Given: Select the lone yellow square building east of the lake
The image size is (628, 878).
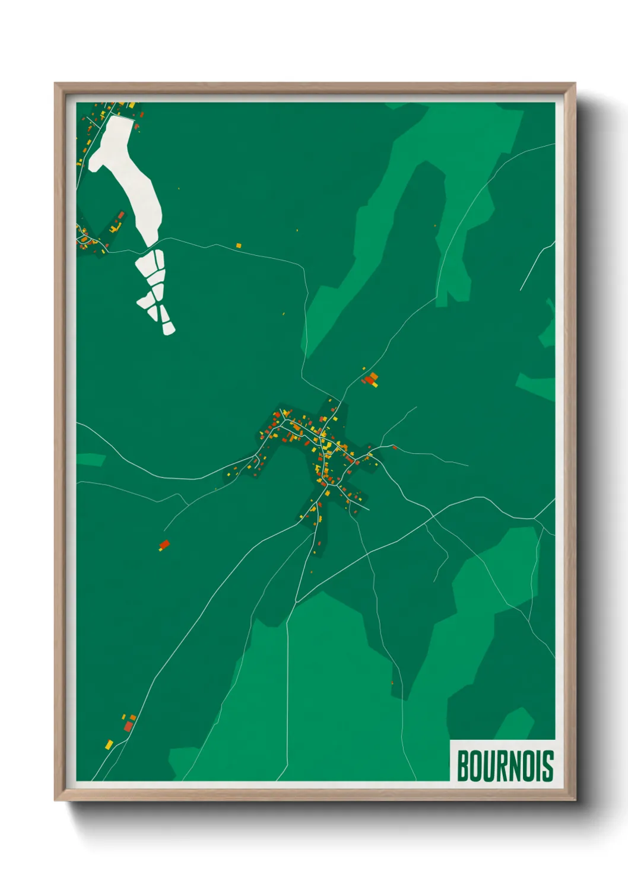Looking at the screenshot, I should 239,245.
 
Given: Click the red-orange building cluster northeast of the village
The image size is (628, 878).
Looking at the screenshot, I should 371,379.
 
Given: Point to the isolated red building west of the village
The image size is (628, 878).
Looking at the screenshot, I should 164,544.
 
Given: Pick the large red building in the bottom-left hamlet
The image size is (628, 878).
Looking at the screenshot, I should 128,726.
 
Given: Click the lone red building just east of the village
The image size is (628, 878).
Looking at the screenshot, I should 394,447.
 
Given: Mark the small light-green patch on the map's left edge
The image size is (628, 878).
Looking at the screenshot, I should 90,460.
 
